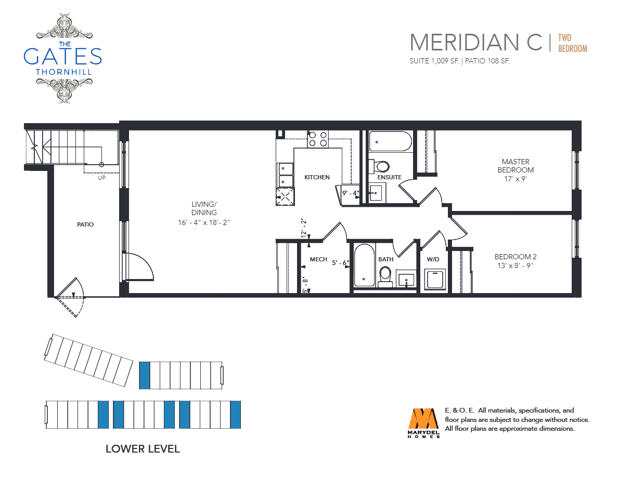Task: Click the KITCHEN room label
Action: click(317, 177)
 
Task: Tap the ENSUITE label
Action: click(390, 177)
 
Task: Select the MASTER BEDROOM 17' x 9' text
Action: click(516, 170)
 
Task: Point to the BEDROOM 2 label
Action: click(516, 257)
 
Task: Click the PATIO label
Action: click(85, 224)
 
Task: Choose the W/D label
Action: click(433, 259)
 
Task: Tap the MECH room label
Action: click(318, 259)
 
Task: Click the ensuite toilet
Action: click(379, 166)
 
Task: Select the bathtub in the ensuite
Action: click(391, 142)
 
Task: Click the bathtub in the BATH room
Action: click(364, 266)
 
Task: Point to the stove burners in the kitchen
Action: click(318, 139)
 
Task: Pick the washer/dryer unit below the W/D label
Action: click(435, 280)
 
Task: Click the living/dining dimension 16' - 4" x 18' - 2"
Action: click(204, 222)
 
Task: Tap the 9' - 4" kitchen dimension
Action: click(351, 193)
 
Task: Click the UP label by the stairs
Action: click(101, 178)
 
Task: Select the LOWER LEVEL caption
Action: click(143, 448)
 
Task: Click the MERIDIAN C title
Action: click(476, 43)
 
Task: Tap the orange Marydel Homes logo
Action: click(423, 422)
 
